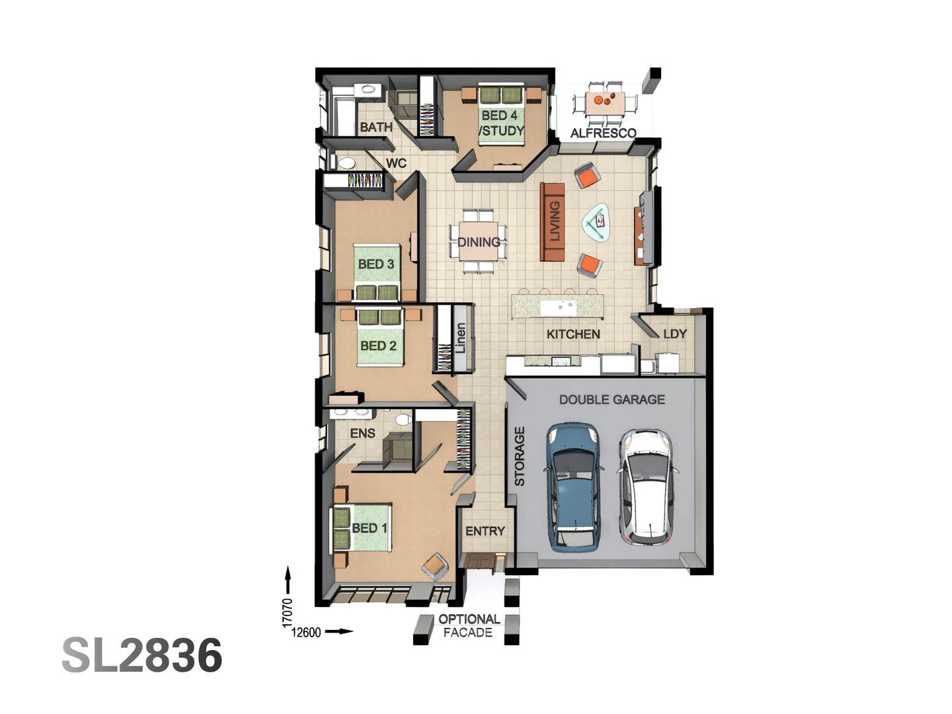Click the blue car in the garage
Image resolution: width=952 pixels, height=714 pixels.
[573, 487]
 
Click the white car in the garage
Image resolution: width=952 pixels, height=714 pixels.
[648, 487]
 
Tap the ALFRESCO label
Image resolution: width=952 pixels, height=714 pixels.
[603, 133]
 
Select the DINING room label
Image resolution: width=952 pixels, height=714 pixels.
[479, 242]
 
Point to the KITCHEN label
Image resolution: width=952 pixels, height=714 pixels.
[573, 334]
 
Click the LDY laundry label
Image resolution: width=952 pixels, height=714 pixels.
[674, 334]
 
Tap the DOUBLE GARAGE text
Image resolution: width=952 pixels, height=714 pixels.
[612, 399]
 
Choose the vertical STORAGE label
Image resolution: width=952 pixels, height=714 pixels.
[520, 456]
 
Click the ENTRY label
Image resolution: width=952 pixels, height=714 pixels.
[485, 531]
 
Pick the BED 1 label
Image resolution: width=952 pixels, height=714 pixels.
[369, 528]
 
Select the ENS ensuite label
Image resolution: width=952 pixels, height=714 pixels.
[362, 433]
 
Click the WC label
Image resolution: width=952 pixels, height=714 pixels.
[396, 163]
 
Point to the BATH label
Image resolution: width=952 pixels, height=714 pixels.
[376, 127]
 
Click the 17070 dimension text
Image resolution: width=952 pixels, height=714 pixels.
[287, 612]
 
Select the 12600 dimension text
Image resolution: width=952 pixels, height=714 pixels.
[306, 632]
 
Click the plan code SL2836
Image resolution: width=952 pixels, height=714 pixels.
[142, 655]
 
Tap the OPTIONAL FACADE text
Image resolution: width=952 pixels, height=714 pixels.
[469, 625]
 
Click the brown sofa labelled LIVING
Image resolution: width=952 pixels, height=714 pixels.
[553, 221]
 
